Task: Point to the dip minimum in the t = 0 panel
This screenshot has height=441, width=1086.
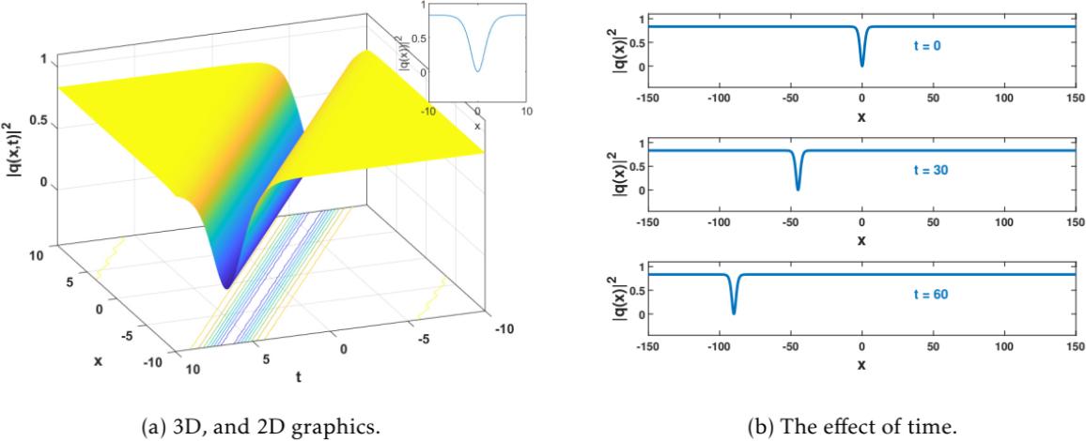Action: point(862,65)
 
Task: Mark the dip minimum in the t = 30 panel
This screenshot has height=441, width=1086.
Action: point(798,189)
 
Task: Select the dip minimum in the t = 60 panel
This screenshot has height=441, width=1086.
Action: point(734,312)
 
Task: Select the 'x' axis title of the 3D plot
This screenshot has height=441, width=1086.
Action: point(97,360)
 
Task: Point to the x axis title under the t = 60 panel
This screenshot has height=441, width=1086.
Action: point(861,364)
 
